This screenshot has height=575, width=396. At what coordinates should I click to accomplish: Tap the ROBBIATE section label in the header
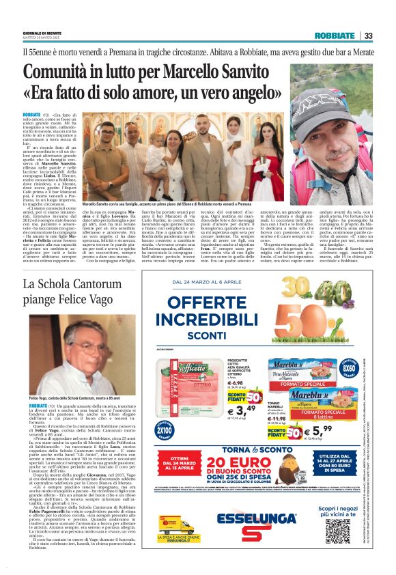click(x=335, y=36)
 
